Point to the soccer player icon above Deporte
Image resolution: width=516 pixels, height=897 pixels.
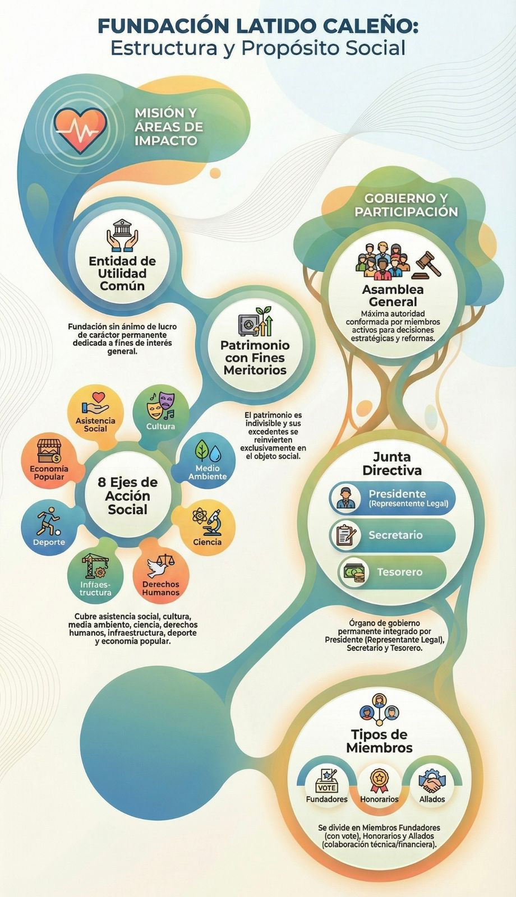48,521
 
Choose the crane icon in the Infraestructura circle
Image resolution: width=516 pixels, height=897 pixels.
95,566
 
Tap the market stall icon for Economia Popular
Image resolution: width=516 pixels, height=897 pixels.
48,451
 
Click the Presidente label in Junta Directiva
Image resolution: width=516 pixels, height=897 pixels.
398,493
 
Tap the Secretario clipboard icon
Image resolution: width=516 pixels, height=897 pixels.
346,535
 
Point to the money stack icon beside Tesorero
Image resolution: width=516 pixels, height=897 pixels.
354,572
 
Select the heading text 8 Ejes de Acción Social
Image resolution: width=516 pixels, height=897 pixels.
128,496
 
